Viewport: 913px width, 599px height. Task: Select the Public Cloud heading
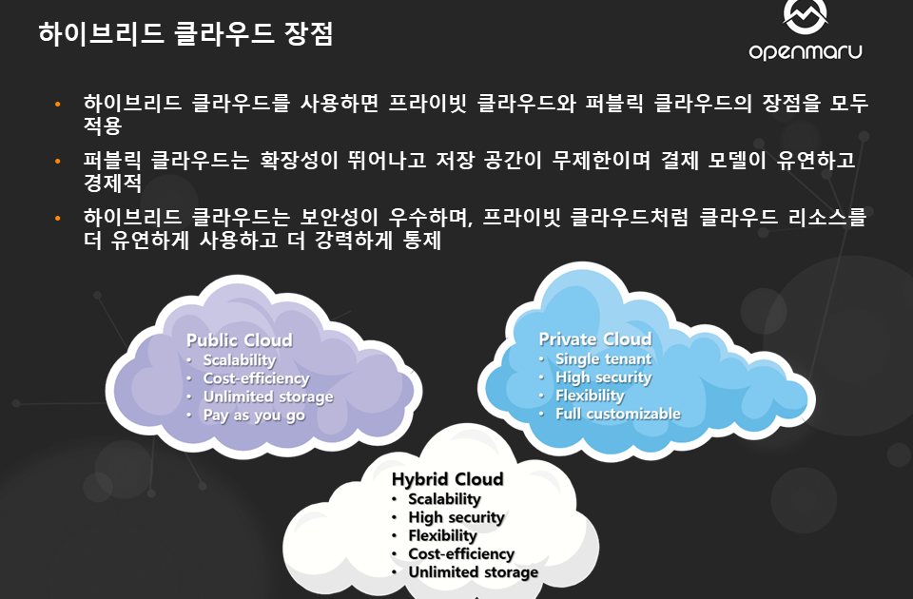coord(239,340)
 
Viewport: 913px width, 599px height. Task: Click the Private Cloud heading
coord(595,339)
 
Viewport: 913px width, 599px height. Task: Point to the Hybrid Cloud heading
coord(447,479)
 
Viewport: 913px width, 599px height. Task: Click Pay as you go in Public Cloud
coord(254,415)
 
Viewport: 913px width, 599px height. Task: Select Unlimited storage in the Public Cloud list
coord(268,396)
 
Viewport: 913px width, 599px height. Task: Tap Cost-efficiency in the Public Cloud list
coord(256,378)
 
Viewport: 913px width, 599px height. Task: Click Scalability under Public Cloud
coord(239,360)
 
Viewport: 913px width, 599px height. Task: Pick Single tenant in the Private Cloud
coord(603,358)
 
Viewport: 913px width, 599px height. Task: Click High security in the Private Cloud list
coord(603,377)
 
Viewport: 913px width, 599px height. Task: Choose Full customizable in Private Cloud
coord(617,414)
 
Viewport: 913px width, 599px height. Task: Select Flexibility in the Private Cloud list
coord(590,396)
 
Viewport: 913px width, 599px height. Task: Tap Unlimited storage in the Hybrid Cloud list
coord(473,572)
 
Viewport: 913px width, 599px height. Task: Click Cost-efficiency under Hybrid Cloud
coord(461,553)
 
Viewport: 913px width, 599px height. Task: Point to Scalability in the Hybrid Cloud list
coord(444,499)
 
